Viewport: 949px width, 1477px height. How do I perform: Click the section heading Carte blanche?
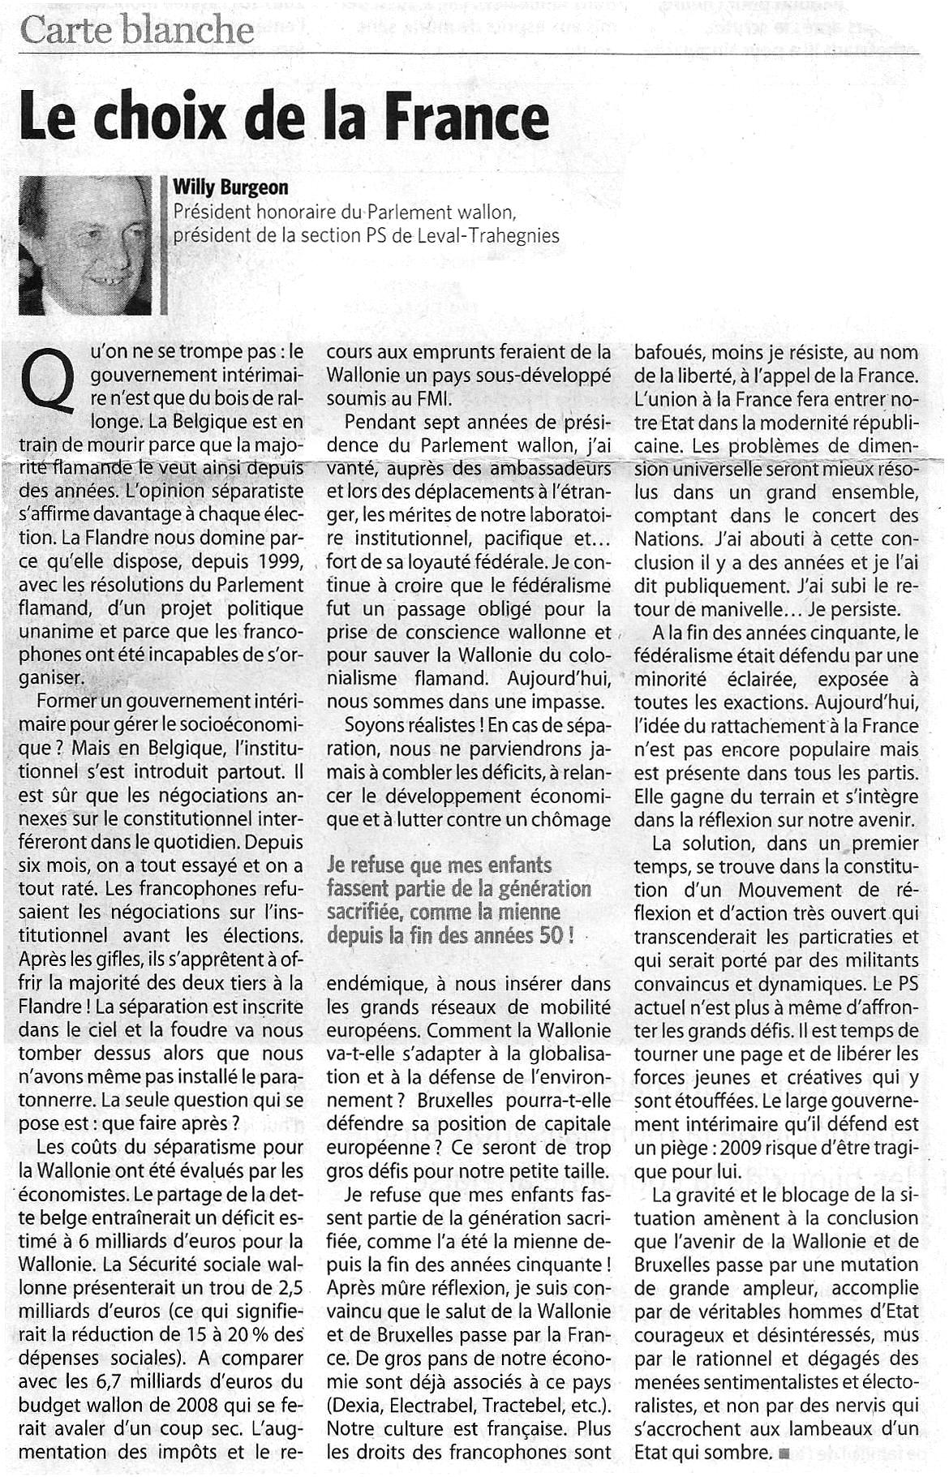(x=137, y=31)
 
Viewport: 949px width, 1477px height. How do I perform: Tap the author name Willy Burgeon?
(x=230, y=188)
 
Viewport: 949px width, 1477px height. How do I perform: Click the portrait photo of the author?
(x=84, y=245)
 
